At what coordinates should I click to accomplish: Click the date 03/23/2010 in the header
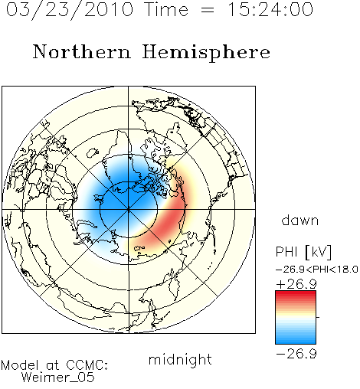(x=70, y=10)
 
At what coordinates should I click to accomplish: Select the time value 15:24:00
(x=270, y=9)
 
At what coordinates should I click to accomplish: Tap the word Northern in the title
(x=82, y=51)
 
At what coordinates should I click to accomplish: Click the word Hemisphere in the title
(x=206, y=53)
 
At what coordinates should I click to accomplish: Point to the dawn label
(x=299, y=220)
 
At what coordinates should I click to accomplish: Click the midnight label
(x=180, y=359)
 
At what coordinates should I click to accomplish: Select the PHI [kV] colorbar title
(x=303, y=252)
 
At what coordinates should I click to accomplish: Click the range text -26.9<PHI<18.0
(x=317, y=270)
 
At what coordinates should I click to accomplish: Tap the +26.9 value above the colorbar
(x=296, y=284)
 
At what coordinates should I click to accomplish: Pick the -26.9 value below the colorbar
(x=296, y=354)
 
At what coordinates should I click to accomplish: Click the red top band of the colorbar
(x=296, y=294)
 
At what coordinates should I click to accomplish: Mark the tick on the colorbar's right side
(x=318, y=317)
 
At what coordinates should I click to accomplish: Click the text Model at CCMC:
(x=54, y=365)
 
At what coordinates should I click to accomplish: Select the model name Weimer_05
(x=58, y=378)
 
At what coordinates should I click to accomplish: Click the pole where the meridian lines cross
(x=129, y=210)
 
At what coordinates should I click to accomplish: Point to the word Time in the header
(x=166, y=9)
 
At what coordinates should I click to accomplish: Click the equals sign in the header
(x=208, y=10)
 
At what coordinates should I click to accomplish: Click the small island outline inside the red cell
(x=169, y=241)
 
